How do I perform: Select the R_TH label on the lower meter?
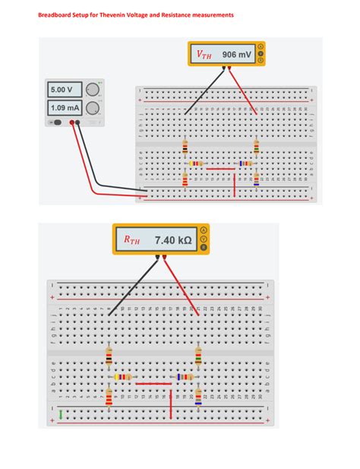pyautogui.click(x=132, y=240)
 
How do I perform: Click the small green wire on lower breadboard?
pyautogui.click(x=61, y=414)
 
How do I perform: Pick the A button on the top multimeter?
pyautogui.click(x=261, y=46)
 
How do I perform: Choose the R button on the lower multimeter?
pyautogui.click(x=204, y=247)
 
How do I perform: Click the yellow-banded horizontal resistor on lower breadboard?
pyautogui.click(x=122, y=377)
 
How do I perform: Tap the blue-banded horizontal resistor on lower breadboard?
pyautogui.click(x=185, y=377)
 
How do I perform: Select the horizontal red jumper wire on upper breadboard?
pyautogui.click(x=221, y=168)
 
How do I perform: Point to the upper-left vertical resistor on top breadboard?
pyautogui.click(x=185, y=147)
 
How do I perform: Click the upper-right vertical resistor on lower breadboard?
pyautogui.click(x=198, y=355)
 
